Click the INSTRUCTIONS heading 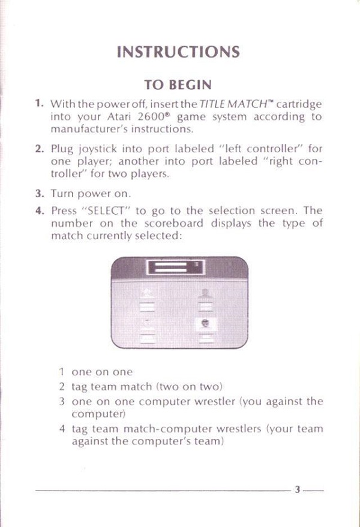178,52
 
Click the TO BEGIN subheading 178,85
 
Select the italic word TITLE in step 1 212,104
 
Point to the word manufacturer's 89,129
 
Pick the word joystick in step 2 98,149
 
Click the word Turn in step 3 62,194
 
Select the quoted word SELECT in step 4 106,210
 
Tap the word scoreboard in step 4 174,223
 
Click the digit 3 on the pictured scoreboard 196,264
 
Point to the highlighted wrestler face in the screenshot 206,324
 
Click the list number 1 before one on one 61,372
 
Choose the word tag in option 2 79,387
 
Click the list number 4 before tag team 62,429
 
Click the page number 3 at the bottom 297,489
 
